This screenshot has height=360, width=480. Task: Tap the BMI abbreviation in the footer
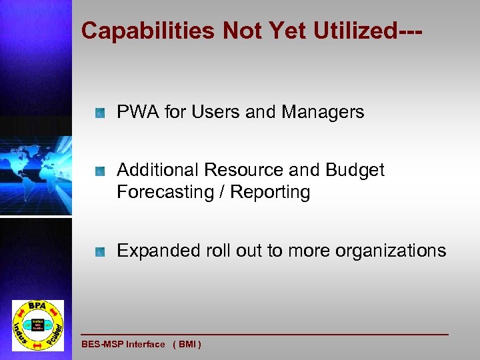pyautogui.click(x=187, y=345)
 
